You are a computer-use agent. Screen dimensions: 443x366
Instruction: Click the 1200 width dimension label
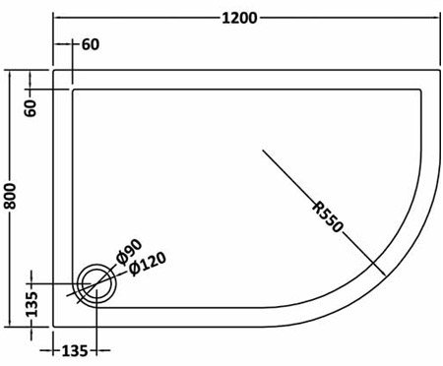(239, 18)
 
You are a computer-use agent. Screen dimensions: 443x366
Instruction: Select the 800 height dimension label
(11, 196)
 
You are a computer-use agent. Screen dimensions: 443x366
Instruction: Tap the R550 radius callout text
(328, 217)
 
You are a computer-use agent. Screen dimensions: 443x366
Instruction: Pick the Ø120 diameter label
(147, 264)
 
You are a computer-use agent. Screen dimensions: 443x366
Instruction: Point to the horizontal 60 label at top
(91, 44)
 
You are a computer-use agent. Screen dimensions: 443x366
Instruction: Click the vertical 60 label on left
(31, 108)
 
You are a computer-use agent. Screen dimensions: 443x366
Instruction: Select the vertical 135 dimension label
(32, 304)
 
